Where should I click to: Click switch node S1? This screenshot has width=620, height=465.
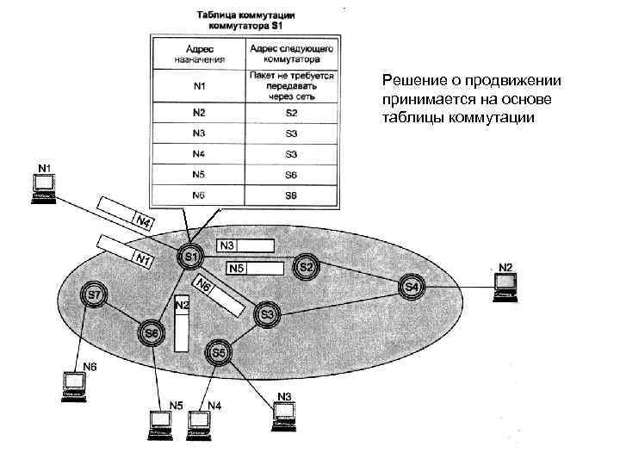tap(190, 257)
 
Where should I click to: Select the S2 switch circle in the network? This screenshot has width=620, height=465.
tap(307, 267)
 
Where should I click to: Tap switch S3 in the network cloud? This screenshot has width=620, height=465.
tap(267, 316)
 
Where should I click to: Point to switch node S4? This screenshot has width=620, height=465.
tap(412, 287)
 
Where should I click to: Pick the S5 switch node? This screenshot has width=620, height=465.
tap(219, 352)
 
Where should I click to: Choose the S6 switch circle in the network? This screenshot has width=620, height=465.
tap(152, 332)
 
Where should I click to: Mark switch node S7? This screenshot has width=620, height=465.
tap(94, 296)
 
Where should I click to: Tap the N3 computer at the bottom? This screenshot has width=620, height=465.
tap(284, 414)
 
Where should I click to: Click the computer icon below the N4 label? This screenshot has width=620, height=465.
tap(200, 422)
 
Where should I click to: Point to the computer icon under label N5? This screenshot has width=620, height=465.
tap(161, 422)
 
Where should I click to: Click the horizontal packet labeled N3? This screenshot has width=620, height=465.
tap(245, 245)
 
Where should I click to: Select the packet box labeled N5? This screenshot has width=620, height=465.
tap(254, 270)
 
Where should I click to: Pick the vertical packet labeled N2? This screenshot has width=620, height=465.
tap(181, 325)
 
